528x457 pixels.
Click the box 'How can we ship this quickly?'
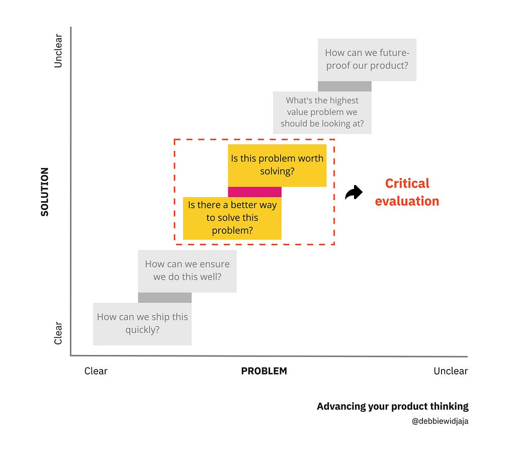142,324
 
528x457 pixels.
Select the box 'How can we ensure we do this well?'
187,270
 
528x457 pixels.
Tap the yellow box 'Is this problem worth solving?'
277,165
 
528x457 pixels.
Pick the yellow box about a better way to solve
232,218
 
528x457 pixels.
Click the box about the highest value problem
322,112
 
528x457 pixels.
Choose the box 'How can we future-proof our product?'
367,59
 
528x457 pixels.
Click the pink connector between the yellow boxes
254,192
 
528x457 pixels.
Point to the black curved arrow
354,193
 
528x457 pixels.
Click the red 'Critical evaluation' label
407,192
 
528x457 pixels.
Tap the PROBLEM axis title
264,371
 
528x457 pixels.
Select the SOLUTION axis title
45,192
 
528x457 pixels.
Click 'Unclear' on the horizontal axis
451,371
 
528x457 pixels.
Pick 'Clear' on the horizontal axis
96,371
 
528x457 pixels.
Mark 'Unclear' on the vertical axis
58,51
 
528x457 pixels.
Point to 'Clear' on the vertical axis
58,333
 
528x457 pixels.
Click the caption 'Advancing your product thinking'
392,406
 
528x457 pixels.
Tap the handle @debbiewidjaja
440,421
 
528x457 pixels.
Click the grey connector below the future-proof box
344,86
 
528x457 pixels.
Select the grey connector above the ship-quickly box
165,298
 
